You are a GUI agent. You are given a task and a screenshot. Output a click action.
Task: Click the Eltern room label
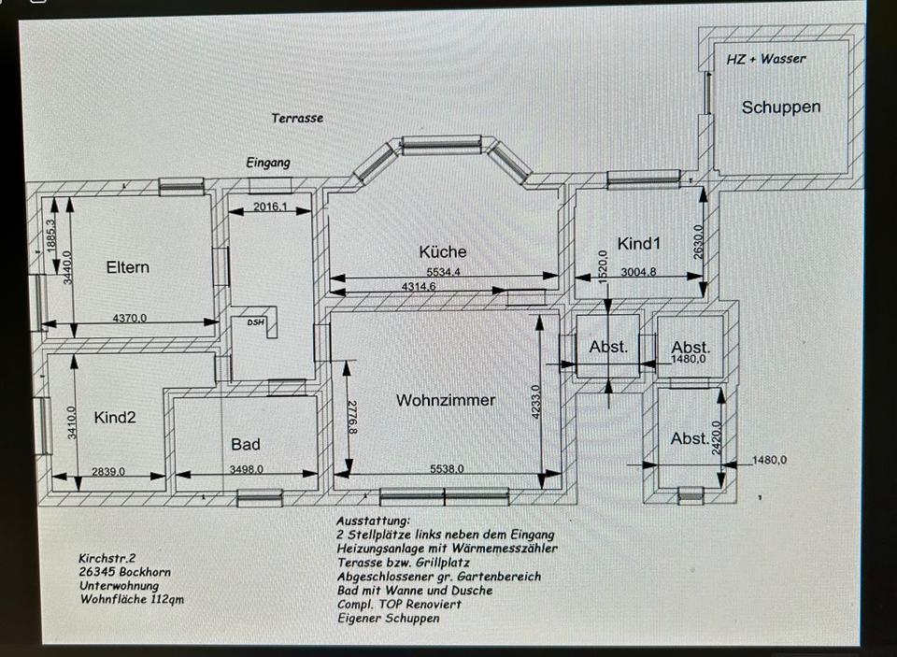[x=128, y=267]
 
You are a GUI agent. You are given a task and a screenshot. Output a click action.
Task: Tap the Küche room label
[x=443, y=251]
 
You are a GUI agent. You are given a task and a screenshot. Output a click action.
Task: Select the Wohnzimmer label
[x=446, y=400]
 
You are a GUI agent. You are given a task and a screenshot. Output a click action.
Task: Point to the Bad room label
[x=246, y=444]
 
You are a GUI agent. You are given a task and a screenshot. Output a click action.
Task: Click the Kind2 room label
[x=115, y=417]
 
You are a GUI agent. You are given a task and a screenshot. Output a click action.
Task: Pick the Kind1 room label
[x=639, y=244]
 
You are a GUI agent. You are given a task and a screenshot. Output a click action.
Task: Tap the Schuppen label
[x=781, y=107]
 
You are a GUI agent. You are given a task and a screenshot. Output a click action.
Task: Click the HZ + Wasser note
[x=766, y=59]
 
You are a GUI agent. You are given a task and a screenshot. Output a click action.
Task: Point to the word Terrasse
[x=297, y=119]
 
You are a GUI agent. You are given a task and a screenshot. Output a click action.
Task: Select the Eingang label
[x=268, y=163]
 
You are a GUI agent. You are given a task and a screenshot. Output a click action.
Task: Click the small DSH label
[x=256, y=322]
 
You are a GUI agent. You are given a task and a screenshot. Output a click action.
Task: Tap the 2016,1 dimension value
[x=271, y=207]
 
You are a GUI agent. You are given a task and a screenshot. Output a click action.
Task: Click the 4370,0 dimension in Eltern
[x=130, y=318]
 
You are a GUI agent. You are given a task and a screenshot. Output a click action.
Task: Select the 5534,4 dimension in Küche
[x=443, y=272]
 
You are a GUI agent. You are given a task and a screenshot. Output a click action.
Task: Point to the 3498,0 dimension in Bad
[x=247, y=469]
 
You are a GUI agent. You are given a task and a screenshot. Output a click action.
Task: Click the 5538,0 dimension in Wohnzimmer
[x=447, y=469]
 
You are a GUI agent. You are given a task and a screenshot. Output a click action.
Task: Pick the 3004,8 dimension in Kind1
[x=638, y=272]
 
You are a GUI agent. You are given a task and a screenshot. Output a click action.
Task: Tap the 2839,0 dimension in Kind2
[x=108, y=472]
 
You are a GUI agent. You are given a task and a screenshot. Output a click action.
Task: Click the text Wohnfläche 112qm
[x=132, y=599]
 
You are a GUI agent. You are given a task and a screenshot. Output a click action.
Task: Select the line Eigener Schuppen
[x=389, y=618]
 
